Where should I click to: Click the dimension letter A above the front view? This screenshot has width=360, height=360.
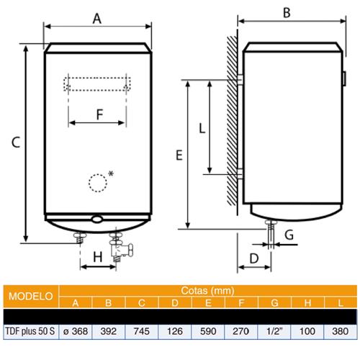(x=97, y=19)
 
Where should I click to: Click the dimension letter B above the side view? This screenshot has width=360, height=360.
(x=287, y=13)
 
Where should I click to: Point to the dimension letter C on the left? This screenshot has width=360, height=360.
(x=16, y=142)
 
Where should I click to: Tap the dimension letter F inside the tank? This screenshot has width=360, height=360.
(x=99, y=114)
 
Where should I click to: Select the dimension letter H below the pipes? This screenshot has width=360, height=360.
(x=98, y=257)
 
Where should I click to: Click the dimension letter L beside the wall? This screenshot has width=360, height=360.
(x=202, y=128)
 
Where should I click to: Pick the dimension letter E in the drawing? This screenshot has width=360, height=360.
(x=179, y=155)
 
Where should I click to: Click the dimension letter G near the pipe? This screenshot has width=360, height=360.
(x=289, y=235)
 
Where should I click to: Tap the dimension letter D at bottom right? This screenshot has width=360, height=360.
(x=254, y=258)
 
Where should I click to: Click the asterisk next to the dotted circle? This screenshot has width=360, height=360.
(x=111, y=174)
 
